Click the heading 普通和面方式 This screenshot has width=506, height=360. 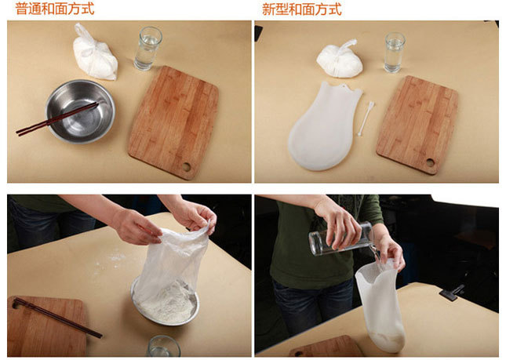(x=55, y=9)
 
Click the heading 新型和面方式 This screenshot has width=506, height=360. (x=302, y=9)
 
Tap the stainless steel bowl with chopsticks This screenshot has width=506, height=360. (x=80, y=111)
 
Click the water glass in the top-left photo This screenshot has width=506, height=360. (x=147, y=49)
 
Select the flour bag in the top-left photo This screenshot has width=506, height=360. (x=94, y=53)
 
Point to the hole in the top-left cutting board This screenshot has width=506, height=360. (x=187, y=167)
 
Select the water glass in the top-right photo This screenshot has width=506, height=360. (x=395, y=53)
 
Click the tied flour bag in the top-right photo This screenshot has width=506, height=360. (x=340, y=60)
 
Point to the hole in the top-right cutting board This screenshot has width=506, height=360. (x=430, y=162)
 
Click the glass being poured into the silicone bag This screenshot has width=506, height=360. (x=341, y=239)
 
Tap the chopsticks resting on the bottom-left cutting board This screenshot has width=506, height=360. (x=56, y=317)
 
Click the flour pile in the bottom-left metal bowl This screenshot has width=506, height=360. (x=168, y=304)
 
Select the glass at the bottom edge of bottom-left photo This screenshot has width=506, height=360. (x=164, y=347)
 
